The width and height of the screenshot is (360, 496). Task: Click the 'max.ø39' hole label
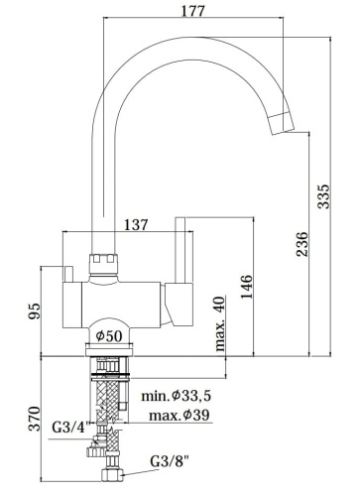[x=179, y=414]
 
